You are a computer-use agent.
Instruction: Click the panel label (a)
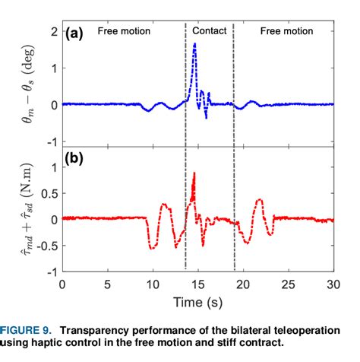point(79,34)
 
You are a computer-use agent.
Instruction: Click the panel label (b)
point(79,160)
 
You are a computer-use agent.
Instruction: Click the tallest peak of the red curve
point(195,173)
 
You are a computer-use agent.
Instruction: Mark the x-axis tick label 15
point(197,284)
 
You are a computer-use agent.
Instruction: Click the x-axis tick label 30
point(333,284)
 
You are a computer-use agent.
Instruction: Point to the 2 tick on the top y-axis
point(53,31)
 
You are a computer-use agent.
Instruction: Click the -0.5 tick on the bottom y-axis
point(47,246)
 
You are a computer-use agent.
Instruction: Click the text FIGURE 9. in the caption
point(26,330)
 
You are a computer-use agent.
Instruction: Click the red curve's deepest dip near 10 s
point(153,248)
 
